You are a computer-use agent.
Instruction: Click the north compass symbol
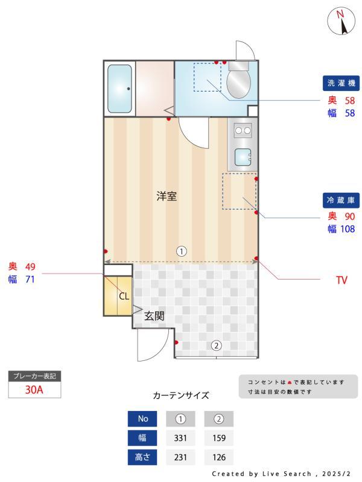pos(341,22)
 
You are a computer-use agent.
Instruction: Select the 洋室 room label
pos(167,196)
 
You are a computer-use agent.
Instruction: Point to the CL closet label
pos(123,296)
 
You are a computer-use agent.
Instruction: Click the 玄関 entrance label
pos(154,315)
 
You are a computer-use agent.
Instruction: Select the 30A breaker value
pos(34,390)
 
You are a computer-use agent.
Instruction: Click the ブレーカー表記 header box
pos(34,376)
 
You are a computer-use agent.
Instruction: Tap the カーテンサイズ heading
pos(181,396)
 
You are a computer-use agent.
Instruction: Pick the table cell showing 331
pos(180,438)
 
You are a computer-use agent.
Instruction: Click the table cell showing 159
pos(218,438)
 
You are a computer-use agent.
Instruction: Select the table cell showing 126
pos(218,457)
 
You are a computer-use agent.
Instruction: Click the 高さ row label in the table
pos(142,457)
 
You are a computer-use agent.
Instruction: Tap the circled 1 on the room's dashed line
pos(180,251)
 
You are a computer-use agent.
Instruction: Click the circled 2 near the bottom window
pos(215,346)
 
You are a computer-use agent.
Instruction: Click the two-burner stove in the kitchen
pos(243,130)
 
